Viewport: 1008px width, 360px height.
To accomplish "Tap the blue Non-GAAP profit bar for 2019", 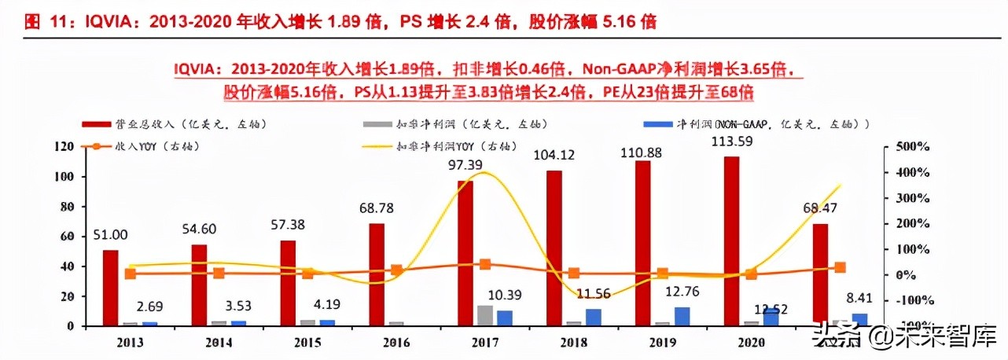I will [682, 315].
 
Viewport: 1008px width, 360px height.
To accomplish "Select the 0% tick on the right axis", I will [907, 275].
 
